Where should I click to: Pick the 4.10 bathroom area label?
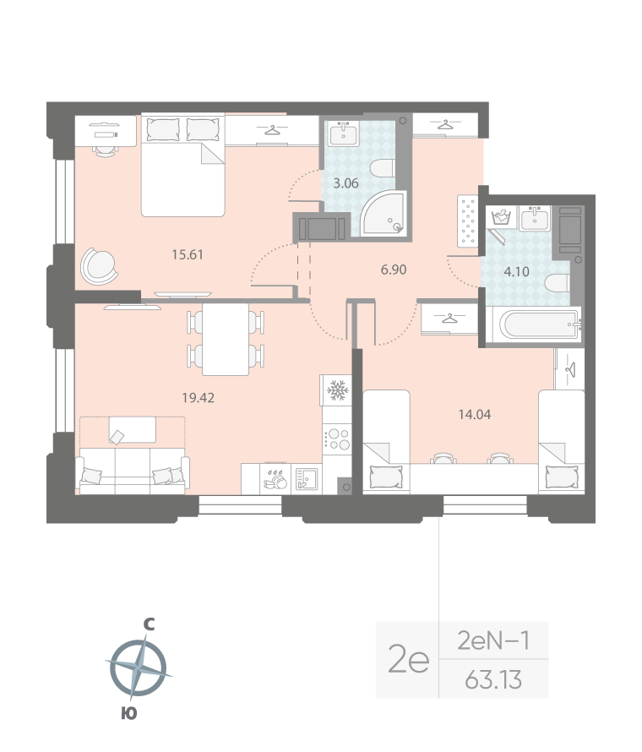point(515,272)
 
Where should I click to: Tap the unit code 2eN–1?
point(494,640)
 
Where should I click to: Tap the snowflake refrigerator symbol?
point(337,390)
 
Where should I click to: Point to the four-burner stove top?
point(338,439)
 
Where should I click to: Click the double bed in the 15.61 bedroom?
point(182,166)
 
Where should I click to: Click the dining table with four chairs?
point(226,338)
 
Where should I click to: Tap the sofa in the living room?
point(133,469)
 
